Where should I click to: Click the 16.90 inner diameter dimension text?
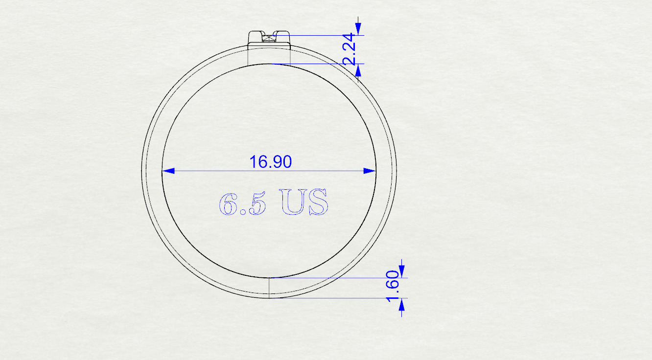[270, 161]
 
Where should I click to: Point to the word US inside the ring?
[304, 202]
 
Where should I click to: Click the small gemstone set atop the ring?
[269, 38]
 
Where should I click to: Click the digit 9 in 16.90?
[276, 161]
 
